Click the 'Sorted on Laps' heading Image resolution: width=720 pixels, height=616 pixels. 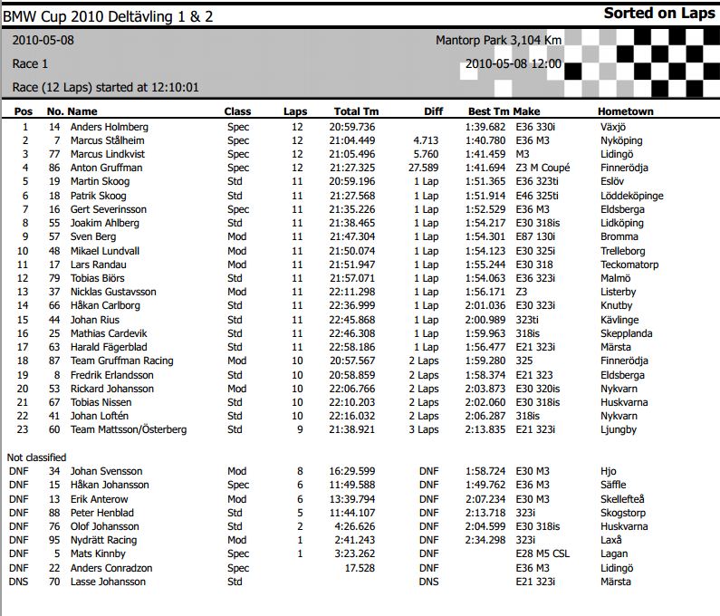(659, 14)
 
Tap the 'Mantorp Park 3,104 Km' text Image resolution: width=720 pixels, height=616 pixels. (498, 41)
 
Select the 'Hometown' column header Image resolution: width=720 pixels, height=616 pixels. (625, 111)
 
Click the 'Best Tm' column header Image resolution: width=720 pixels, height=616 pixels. (489, 111)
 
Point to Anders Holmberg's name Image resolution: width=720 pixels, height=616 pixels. (109, 127)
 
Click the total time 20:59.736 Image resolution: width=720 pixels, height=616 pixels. (353, 127)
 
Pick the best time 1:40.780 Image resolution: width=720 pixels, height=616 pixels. (485, 140)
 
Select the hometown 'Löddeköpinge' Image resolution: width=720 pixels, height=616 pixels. (631, 196)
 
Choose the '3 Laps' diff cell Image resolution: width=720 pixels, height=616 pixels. (423, 429)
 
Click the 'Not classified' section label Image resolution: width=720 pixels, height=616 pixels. (36, 457)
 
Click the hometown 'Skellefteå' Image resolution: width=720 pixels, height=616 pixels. (622, 498)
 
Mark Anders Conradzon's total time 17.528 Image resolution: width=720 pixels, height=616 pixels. (360, 568)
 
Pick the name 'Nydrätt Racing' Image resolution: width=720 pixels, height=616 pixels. (103, 540)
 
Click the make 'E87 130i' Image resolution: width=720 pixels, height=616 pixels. (535, 236)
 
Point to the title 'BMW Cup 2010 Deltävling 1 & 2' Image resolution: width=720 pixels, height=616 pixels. (114, 16)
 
